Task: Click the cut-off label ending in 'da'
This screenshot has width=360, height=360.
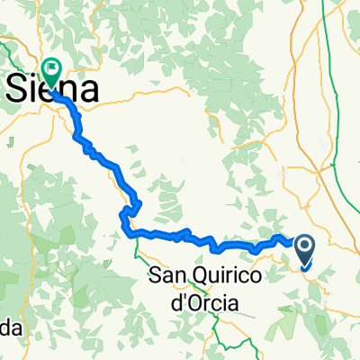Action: pos(9,328)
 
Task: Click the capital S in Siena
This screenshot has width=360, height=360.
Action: pos(20,90)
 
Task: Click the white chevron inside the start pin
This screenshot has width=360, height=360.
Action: pos(304,246)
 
